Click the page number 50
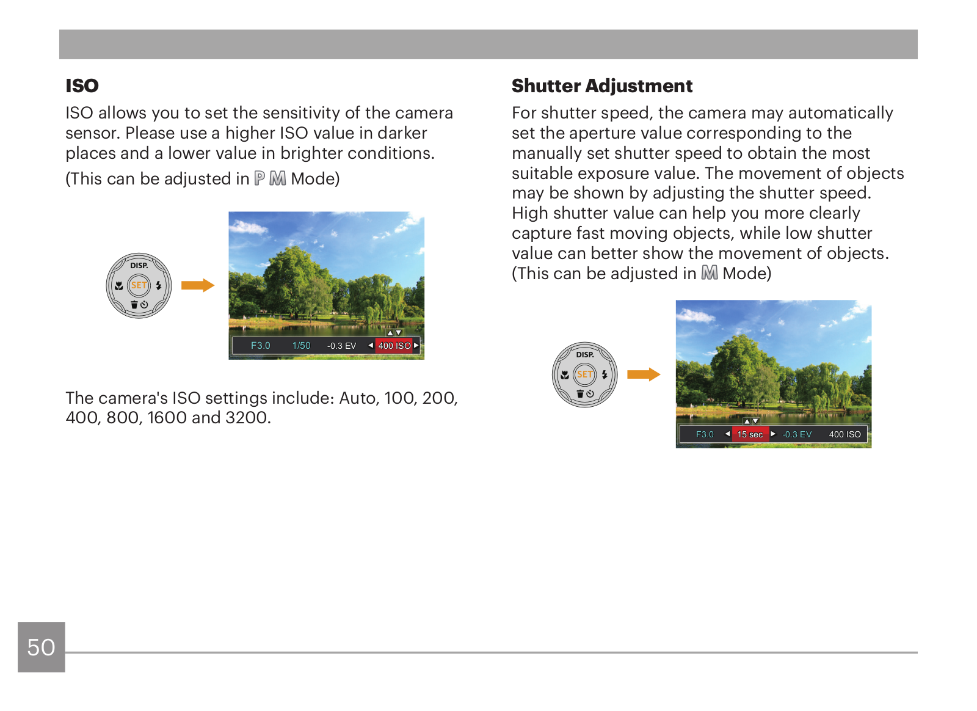[x=41, y=647]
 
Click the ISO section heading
[x=82, y=86]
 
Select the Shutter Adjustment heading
[x=602, y=86]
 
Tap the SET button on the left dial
[x=139, y=285]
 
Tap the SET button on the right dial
[x=584, y=374]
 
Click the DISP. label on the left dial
[x=139, y=265]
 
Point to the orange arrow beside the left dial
[x=198, y=285]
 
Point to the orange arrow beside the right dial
[x=644, y=374]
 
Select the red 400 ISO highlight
[x=394, y=346]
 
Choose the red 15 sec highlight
[x=750, y=434]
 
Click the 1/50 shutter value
[x=302, y=346]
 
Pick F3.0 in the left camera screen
[x=260, y=346]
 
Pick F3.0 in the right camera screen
[x=705, y=434]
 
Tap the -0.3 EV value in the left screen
[x=341, y=346]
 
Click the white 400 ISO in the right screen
[x=845, y=434]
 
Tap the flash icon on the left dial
[x=159, y=285]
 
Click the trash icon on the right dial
[x=580, y=394]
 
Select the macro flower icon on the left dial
[x=118, y=286]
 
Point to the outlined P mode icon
[x=260, y=178]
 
